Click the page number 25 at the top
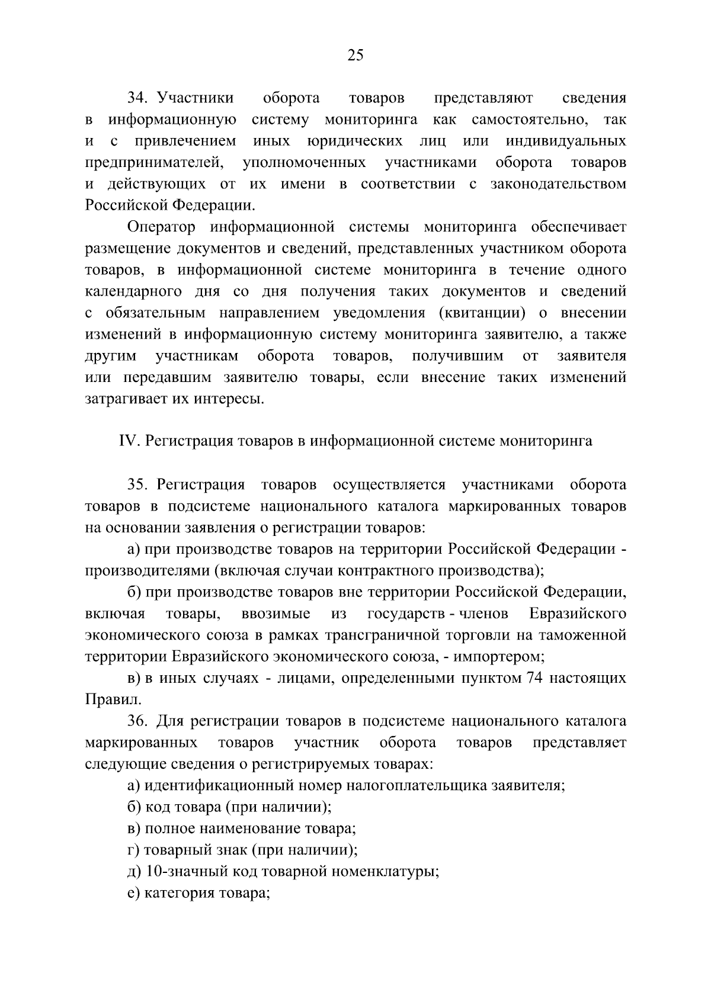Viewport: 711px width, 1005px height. click(x=355, y=55)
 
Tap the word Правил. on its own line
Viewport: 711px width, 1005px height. click(x=105, y=699)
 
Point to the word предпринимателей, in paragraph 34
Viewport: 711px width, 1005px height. click(x=154, y=162)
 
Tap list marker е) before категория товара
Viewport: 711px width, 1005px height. click(x=134, y=893)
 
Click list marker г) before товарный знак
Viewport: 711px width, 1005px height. click(x=133, y=850)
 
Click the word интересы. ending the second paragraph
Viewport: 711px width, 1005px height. click(x=229, y=399)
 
